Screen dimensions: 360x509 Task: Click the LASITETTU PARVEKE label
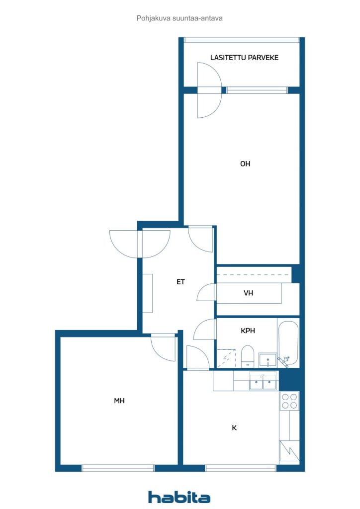[244, 58]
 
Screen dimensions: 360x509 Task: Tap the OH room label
[245, 164]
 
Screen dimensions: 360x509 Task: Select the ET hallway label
[180, 282]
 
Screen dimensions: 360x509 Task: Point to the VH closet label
[248, 293]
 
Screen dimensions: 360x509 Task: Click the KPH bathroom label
[248, 331]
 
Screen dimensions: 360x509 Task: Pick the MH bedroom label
[119, 401]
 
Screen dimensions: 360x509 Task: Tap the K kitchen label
[234, 427]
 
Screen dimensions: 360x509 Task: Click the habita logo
[179, 497]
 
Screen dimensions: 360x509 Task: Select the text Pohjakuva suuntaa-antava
[180, 18]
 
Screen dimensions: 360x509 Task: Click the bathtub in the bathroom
[288, 343]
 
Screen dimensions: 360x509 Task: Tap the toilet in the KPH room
[248, 356]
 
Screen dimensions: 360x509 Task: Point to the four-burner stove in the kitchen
[290, 401]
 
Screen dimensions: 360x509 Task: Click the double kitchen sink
[263, 382]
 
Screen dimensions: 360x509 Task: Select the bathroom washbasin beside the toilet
[268, 360]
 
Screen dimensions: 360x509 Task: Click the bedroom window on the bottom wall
[117, 468]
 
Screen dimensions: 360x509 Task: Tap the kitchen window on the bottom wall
[241, 468]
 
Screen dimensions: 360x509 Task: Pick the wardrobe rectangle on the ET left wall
[148, 293]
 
